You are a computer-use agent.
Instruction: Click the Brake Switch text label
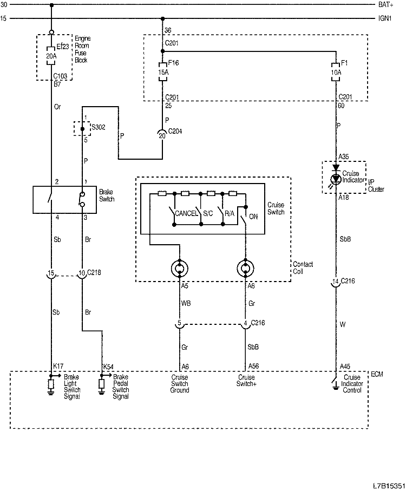(107, 195)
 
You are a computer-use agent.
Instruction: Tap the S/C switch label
(207, 214)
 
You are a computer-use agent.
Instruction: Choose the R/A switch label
(230, 214)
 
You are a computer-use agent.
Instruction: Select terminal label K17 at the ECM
(58, 367)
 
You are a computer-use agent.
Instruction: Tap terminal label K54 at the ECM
(108, 367)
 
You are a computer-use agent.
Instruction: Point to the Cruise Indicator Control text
(352, 384)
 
